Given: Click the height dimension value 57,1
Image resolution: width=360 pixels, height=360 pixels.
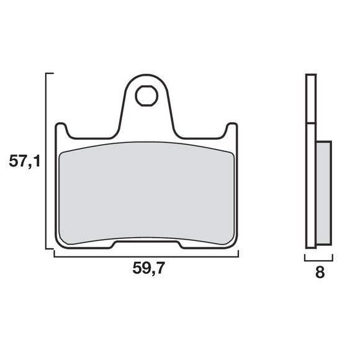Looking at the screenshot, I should [25, 163].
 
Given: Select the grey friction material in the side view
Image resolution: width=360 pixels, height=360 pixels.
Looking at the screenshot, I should [323, 192].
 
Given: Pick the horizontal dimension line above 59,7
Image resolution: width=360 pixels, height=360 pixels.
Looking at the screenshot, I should [146, 256].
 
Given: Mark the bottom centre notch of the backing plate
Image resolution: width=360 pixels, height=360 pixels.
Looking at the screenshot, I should [146, 243].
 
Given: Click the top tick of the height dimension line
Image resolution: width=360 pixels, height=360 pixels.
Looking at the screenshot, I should [50, 74].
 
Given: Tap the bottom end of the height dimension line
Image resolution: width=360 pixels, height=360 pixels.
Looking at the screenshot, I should [50, 249].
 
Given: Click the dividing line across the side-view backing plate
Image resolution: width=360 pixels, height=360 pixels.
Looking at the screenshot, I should [311, 124].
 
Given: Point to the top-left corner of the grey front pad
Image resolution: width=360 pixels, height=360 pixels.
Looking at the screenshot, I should [62, 153].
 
